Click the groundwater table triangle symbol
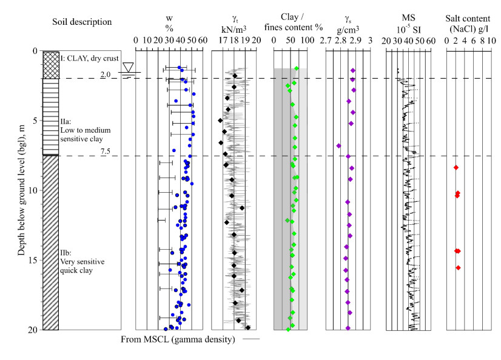pos(128,67)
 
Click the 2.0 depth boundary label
pos(105,75)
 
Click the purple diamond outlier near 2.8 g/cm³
pos(338,146)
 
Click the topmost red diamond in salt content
pos(456,167)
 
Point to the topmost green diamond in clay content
pos(296,68)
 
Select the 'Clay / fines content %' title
pos(289,22)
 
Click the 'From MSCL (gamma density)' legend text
pos(178,339)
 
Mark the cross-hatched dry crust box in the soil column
pos(51,65)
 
